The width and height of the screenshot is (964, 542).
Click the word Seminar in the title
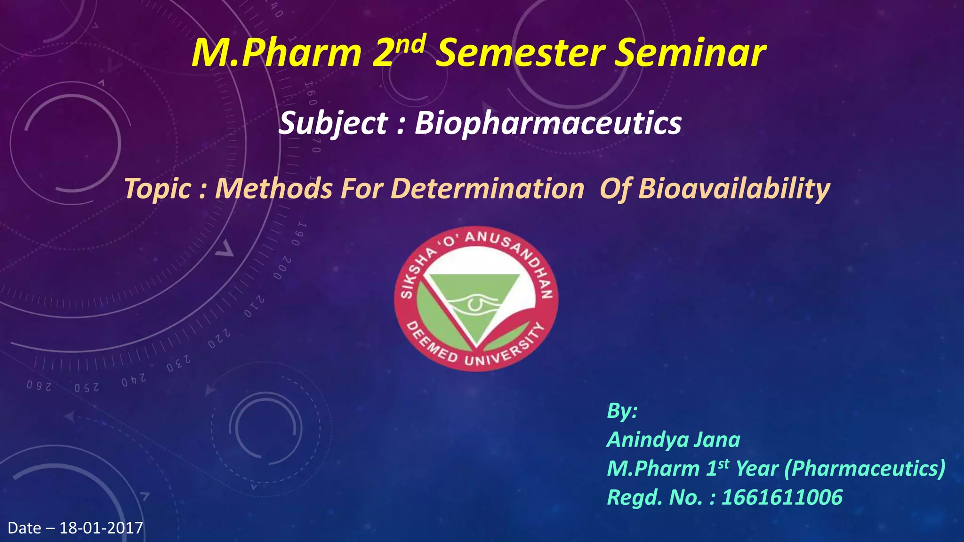(691, 53)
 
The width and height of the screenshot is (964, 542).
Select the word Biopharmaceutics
(548, 123)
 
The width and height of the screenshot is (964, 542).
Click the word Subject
(333, 123)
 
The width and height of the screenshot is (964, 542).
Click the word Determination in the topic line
(487, 189)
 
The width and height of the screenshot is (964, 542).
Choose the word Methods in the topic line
(273, 189)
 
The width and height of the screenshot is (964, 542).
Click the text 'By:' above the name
(622, 410)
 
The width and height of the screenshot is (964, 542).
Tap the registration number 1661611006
(782, 497)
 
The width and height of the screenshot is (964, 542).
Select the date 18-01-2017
(101, 528)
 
